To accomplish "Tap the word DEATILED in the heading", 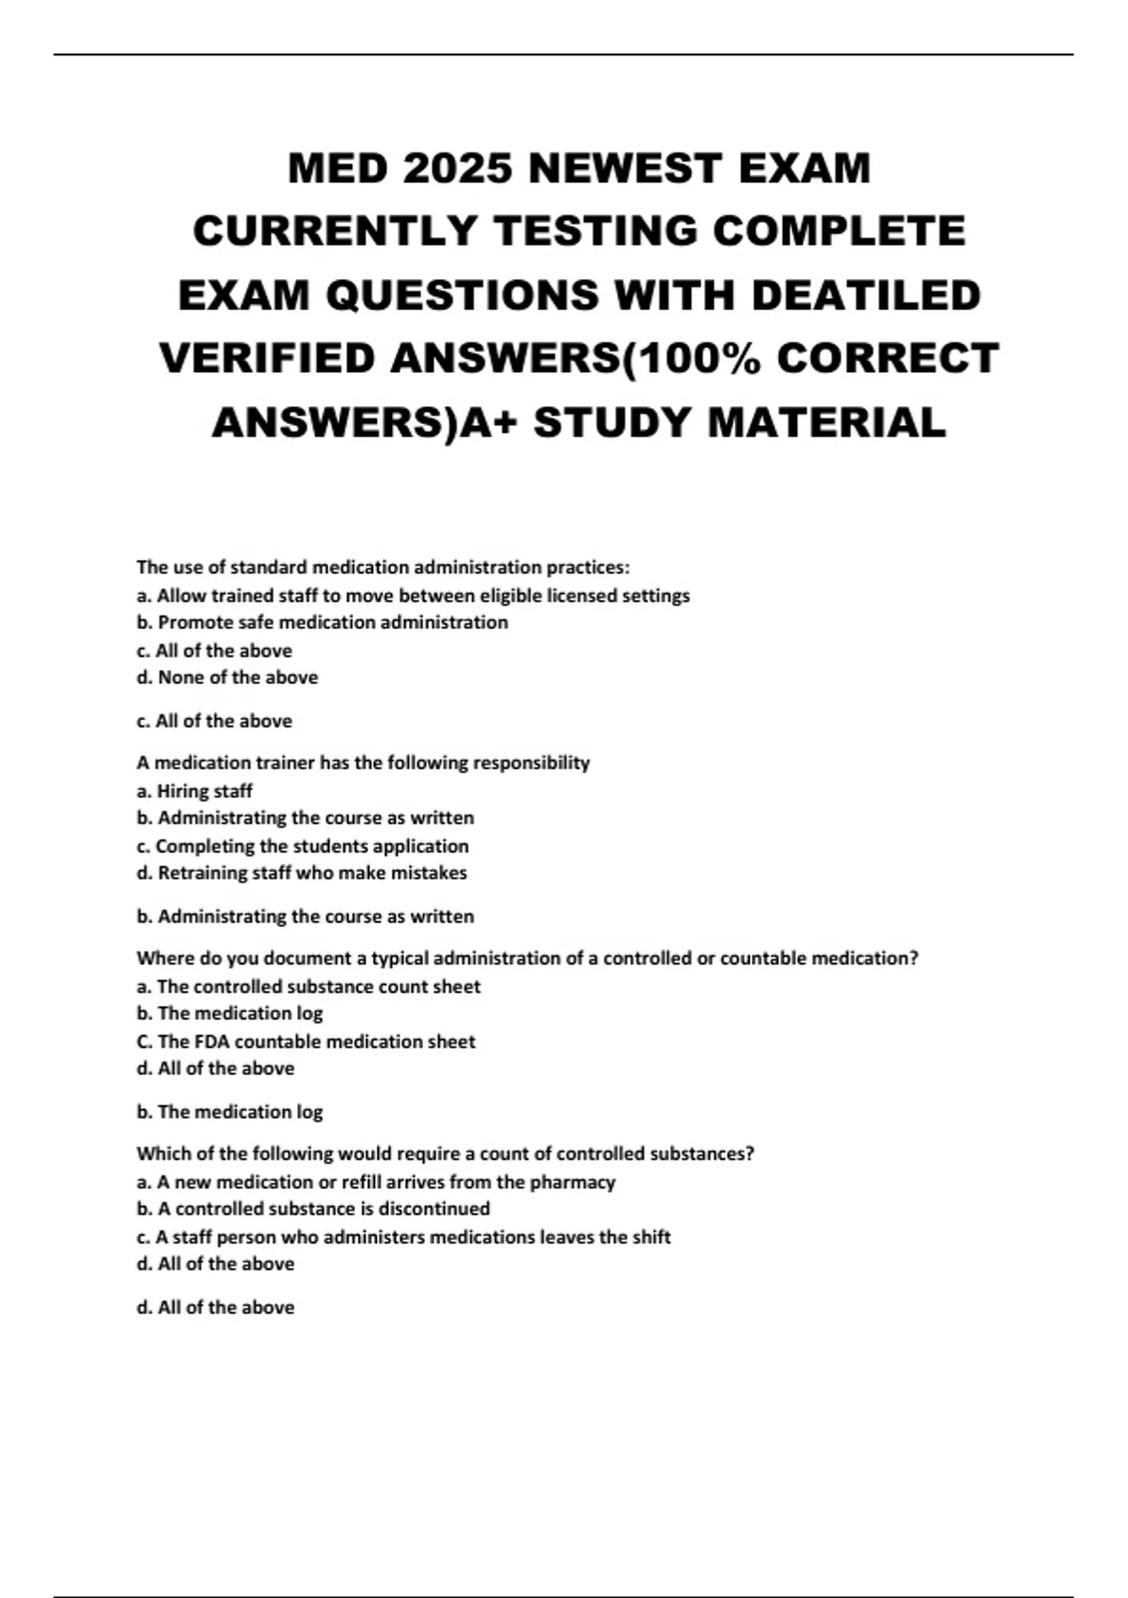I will [866, 296].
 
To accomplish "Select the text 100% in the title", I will [695, 359].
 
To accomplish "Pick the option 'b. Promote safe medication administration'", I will [322, 622].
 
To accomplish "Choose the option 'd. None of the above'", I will [227, 677].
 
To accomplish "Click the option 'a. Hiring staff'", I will [195, 791].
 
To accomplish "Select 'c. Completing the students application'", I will [303, 846].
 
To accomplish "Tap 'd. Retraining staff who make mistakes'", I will [302, 872].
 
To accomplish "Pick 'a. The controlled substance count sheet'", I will [308, 986].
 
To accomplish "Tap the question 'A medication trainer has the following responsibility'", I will [363, 762].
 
